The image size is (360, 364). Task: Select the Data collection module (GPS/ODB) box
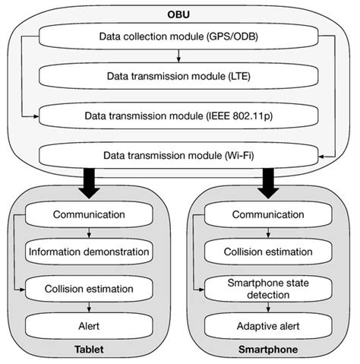point(177,36)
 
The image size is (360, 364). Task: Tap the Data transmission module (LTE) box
point(177,77)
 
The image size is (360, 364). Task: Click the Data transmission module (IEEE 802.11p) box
point(177,116)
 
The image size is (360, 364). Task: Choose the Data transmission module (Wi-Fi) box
point(177,155)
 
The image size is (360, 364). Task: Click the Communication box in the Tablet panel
point(90,214)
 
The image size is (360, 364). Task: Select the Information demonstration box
point(90,251)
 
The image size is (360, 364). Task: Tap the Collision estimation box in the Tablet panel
point(90,288)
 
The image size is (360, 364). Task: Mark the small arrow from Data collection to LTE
point(177,56)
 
